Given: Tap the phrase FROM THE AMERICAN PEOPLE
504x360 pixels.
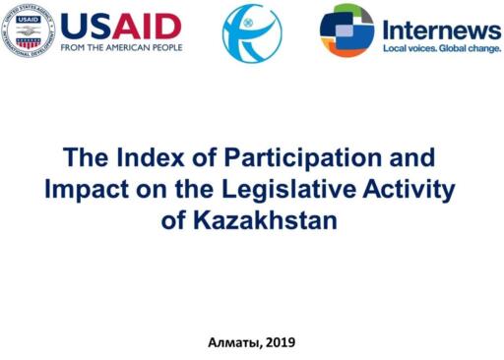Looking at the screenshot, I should coord(121,47).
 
